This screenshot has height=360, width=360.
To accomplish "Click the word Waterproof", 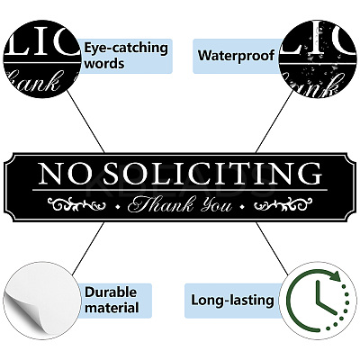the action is [236, 56].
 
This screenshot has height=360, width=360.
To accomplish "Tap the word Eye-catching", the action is [126, 48].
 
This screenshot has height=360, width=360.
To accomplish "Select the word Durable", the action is [111, 292].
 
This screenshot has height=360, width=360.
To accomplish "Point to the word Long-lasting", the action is [232, 300].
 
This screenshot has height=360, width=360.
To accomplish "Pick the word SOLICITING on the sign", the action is [210, 174].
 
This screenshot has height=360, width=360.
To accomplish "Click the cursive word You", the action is [217, 205].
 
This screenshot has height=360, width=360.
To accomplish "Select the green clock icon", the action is [318, 301].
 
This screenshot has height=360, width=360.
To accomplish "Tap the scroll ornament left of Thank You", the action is [76, 204].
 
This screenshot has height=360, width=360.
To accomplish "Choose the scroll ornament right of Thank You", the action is [283, 204].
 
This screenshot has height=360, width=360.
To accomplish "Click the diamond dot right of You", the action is [242, 206].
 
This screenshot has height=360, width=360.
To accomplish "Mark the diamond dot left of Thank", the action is [118, 206].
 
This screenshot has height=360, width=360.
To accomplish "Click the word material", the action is [112, 308].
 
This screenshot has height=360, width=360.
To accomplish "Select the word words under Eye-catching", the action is [104, 64].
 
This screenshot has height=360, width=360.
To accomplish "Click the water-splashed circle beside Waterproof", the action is [318, 59].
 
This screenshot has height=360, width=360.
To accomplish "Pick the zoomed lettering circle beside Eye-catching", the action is [42, 59].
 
